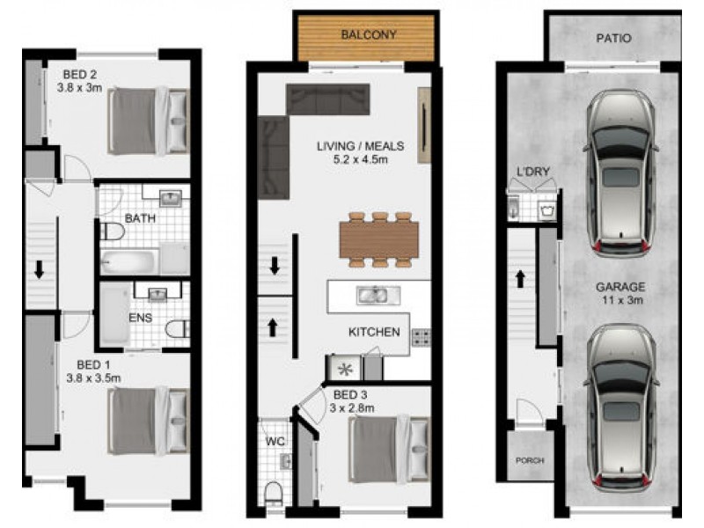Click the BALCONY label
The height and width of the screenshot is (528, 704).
point(369,36)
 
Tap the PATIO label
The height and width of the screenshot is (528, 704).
point(613,40)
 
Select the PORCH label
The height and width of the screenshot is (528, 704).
point(530,460)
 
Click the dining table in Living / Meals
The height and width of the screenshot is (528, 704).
point(379,238)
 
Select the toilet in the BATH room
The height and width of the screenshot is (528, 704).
point(112,231)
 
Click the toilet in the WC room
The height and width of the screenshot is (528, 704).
point(273,490)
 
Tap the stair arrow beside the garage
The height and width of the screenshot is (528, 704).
point(520,279)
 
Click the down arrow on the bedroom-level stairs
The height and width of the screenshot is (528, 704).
point(40,269)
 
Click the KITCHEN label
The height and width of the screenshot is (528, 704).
point(375,332)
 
